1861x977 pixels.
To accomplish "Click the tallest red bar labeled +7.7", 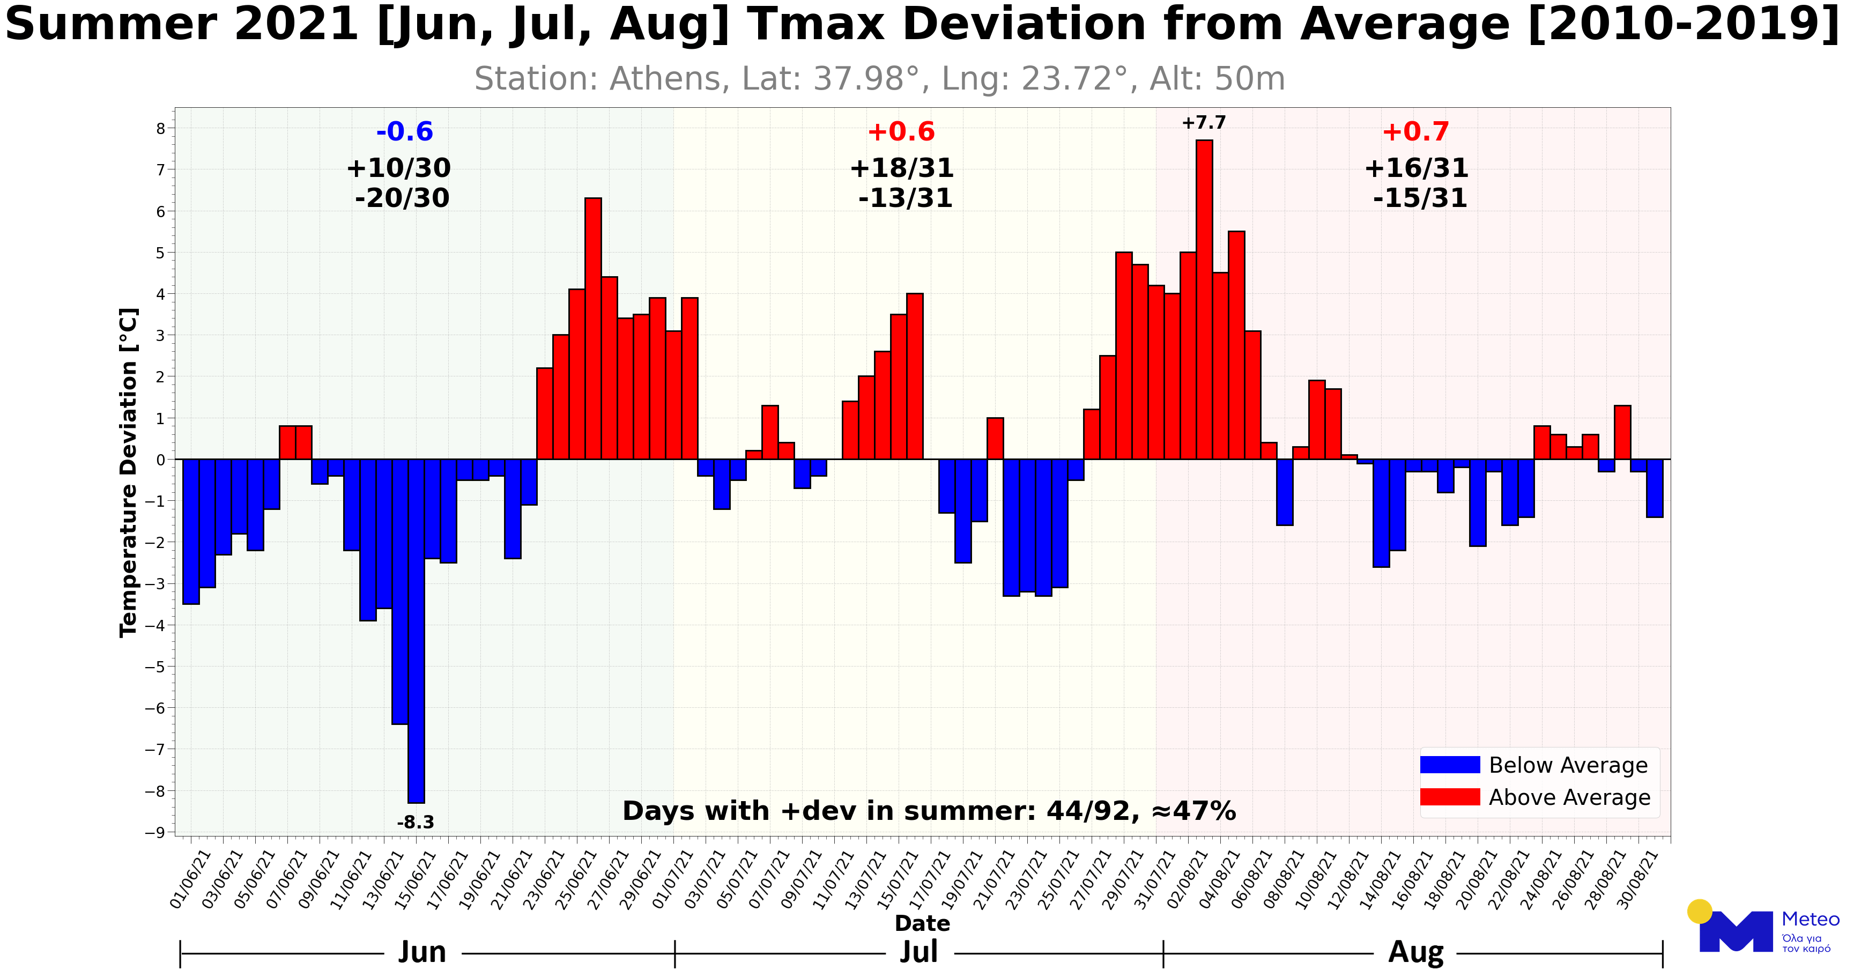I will [1204, 299].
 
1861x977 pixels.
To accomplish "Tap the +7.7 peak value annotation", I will [1204, 123].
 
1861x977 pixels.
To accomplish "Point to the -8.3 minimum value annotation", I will [416, 823].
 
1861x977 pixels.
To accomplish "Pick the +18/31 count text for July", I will [902, 168].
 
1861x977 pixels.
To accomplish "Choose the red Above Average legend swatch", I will [1449, 797].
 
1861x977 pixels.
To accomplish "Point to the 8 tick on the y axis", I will [160, 129].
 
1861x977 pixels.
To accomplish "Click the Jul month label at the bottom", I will [919, 952].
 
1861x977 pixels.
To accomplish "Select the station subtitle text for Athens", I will [879, 79].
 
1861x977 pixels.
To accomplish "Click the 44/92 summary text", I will [1087, 811].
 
